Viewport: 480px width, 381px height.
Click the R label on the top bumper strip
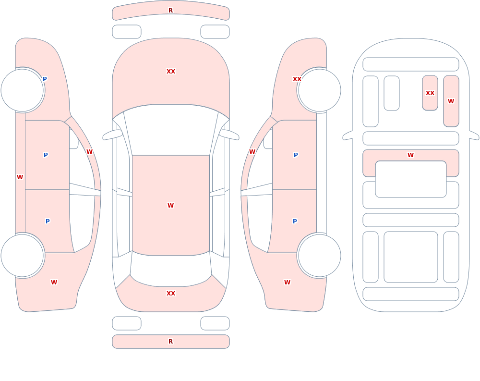click(x=170, y=11)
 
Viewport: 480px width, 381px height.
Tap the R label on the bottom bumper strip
click(x=170, y=342)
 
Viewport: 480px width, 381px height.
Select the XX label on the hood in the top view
click(x=171, y=72)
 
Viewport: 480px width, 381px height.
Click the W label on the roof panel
click(x=170, y=205)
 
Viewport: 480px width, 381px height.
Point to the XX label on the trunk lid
click(x=171, y=294)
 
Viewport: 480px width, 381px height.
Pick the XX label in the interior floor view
click(x=430, y=93)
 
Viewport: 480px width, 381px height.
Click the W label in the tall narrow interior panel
click(x=451, y=101)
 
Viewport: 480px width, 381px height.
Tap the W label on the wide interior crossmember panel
click(x=410, y=155)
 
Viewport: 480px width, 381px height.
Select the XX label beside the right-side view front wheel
click(x=297, y=79)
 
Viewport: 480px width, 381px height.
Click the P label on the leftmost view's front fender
click(x=45, y=79)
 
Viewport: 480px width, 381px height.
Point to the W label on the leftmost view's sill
click(x=20, y=177)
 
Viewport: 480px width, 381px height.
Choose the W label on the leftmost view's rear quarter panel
click(x=54, y=283)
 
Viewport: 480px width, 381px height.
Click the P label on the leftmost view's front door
click(x=46, y=155)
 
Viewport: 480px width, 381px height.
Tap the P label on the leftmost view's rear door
click(x=48, y=221)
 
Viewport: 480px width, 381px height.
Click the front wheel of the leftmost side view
click(x=22, y=90)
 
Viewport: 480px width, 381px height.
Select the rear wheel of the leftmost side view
click(x=22, y=255)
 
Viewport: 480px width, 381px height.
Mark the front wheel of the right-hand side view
click(x=320, y=90)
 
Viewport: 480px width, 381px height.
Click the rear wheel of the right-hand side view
click(x=320, y=255)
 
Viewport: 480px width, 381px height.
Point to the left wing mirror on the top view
click(x=112, y=135)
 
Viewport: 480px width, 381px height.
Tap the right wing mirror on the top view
click(x=229, y=135)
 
